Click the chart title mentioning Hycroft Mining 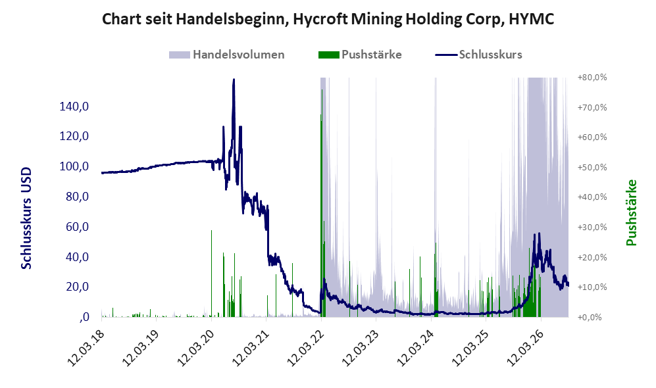[328, 19]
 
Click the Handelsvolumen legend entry [227, 55]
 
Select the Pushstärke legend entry [360, 55]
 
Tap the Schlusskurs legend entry [478, 55]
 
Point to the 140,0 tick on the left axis [74, 107]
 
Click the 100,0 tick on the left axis [74, 166]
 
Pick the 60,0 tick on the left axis [77, 227]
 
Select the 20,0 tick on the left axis [77, 287]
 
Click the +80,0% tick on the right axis [592, 78]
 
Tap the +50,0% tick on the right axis [592, 167]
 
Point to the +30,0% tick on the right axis [592, 227]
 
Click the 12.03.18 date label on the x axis [85, 348]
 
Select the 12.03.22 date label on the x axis [305, 348]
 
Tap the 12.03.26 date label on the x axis [524, 348]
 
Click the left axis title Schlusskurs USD [26, 218]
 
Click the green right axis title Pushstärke [631, 212]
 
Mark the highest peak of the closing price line [234, 79]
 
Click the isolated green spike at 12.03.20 [211, 274]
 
